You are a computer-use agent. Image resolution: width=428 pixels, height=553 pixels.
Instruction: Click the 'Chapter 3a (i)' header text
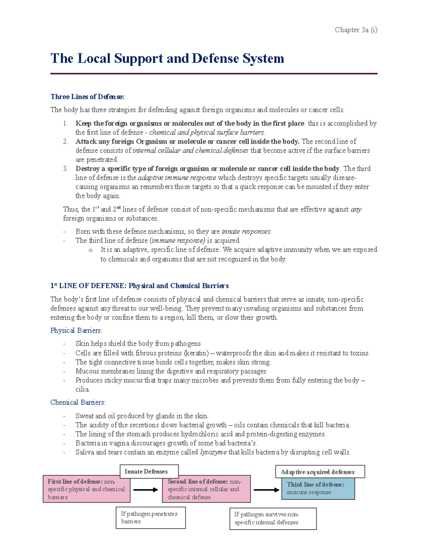coord(356,30)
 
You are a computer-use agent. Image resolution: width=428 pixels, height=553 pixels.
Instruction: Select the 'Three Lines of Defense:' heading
coord(87,97)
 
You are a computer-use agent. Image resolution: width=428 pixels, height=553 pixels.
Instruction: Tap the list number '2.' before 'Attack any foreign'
coord(65,142)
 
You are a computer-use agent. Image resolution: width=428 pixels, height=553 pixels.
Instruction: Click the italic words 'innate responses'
coord(246,231)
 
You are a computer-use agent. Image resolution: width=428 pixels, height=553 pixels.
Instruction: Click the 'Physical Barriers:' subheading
coord(76,330)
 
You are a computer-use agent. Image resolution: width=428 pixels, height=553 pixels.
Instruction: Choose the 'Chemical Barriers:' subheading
coord(78,402)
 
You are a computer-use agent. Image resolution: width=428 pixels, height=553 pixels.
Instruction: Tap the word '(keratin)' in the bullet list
coord(196,353)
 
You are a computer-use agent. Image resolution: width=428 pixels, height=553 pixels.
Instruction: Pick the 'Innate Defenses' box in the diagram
coord(149,471)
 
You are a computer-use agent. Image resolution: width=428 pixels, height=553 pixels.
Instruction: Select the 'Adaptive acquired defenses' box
coord(320,472)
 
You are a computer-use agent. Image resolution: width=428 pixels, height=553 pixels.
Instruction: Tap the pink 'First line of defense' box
coord(86,489)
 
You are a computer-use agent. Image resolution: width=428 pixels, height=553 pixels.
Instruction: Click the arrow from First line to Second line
coord(146,490)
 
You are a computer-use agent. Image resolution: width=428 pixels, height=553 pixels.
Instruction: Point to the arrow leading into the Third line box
coord(266,490)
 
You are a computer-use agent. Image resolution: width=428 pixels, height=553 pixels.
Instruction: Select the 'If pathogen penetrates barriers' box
coord(151,518)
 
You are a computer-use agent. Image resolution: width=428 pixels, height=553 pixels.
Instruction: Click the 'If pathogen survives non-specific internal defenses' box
coord(272,518)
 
